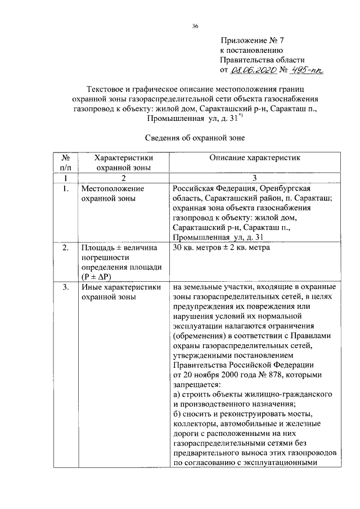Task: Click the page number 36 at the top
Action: [x=195, y=26]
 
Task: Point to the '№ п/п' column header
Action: [x=66, y=163]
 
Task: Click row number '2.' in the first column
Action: [x=66, y=248]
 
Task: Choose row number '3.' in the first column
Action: [x=66, y=287]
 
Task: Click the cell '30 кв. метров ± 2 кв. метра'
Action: [x=222, y=248]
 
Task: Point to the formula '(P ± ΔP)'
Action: [x=97, y=277]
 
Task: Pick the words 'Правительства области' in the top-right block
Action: [x=262, y=60]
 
